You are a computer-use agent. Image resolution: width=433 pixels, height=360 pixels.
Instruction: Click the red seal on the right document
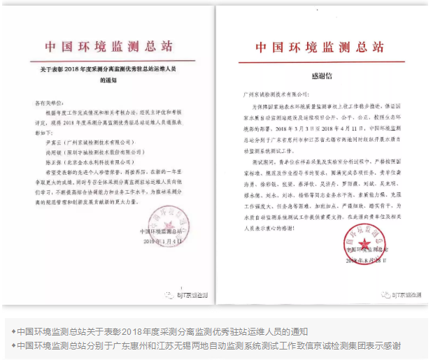click(362, 247)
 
